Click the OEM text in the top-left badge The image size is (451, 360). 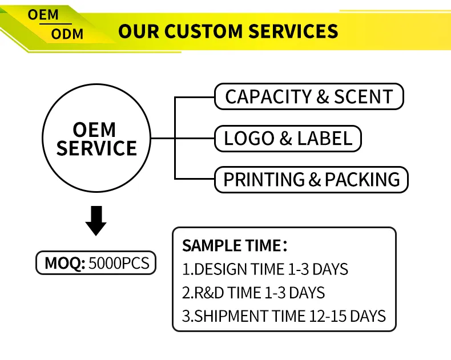(x=43, y=15)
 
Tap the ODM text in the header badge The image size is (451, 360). (x=67, y=34)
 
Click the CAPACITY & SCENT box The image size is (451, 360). (x=309, y=96)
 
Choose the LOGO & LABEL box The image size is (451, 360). (x=288, y=138)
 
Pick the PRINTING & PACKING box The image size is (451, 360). (x=311, y=180)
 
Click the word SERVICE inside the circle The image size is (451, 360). (x=96, y=148)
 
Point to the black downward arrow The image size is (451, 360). (x=96, y=221)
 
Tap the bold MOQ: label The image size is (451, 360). (x=65, y=264)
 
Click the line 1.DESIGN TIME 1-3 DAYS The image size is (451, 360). (x=265, y=269)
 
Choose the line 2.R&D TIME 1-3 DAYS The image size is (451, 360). (x=253, y=293)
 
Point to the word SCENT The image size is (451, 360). (x=364, y=96)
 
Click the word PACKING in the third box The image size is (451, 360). (x=363, y=180)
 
